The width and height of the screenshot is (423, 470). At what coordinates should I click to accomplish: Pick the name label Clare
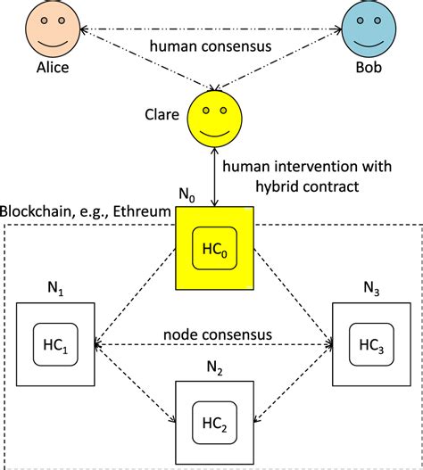(x=161, y=114)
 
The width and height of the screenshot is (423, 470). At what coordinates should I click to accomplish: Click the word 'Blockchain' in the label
(x=35, y=210)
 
